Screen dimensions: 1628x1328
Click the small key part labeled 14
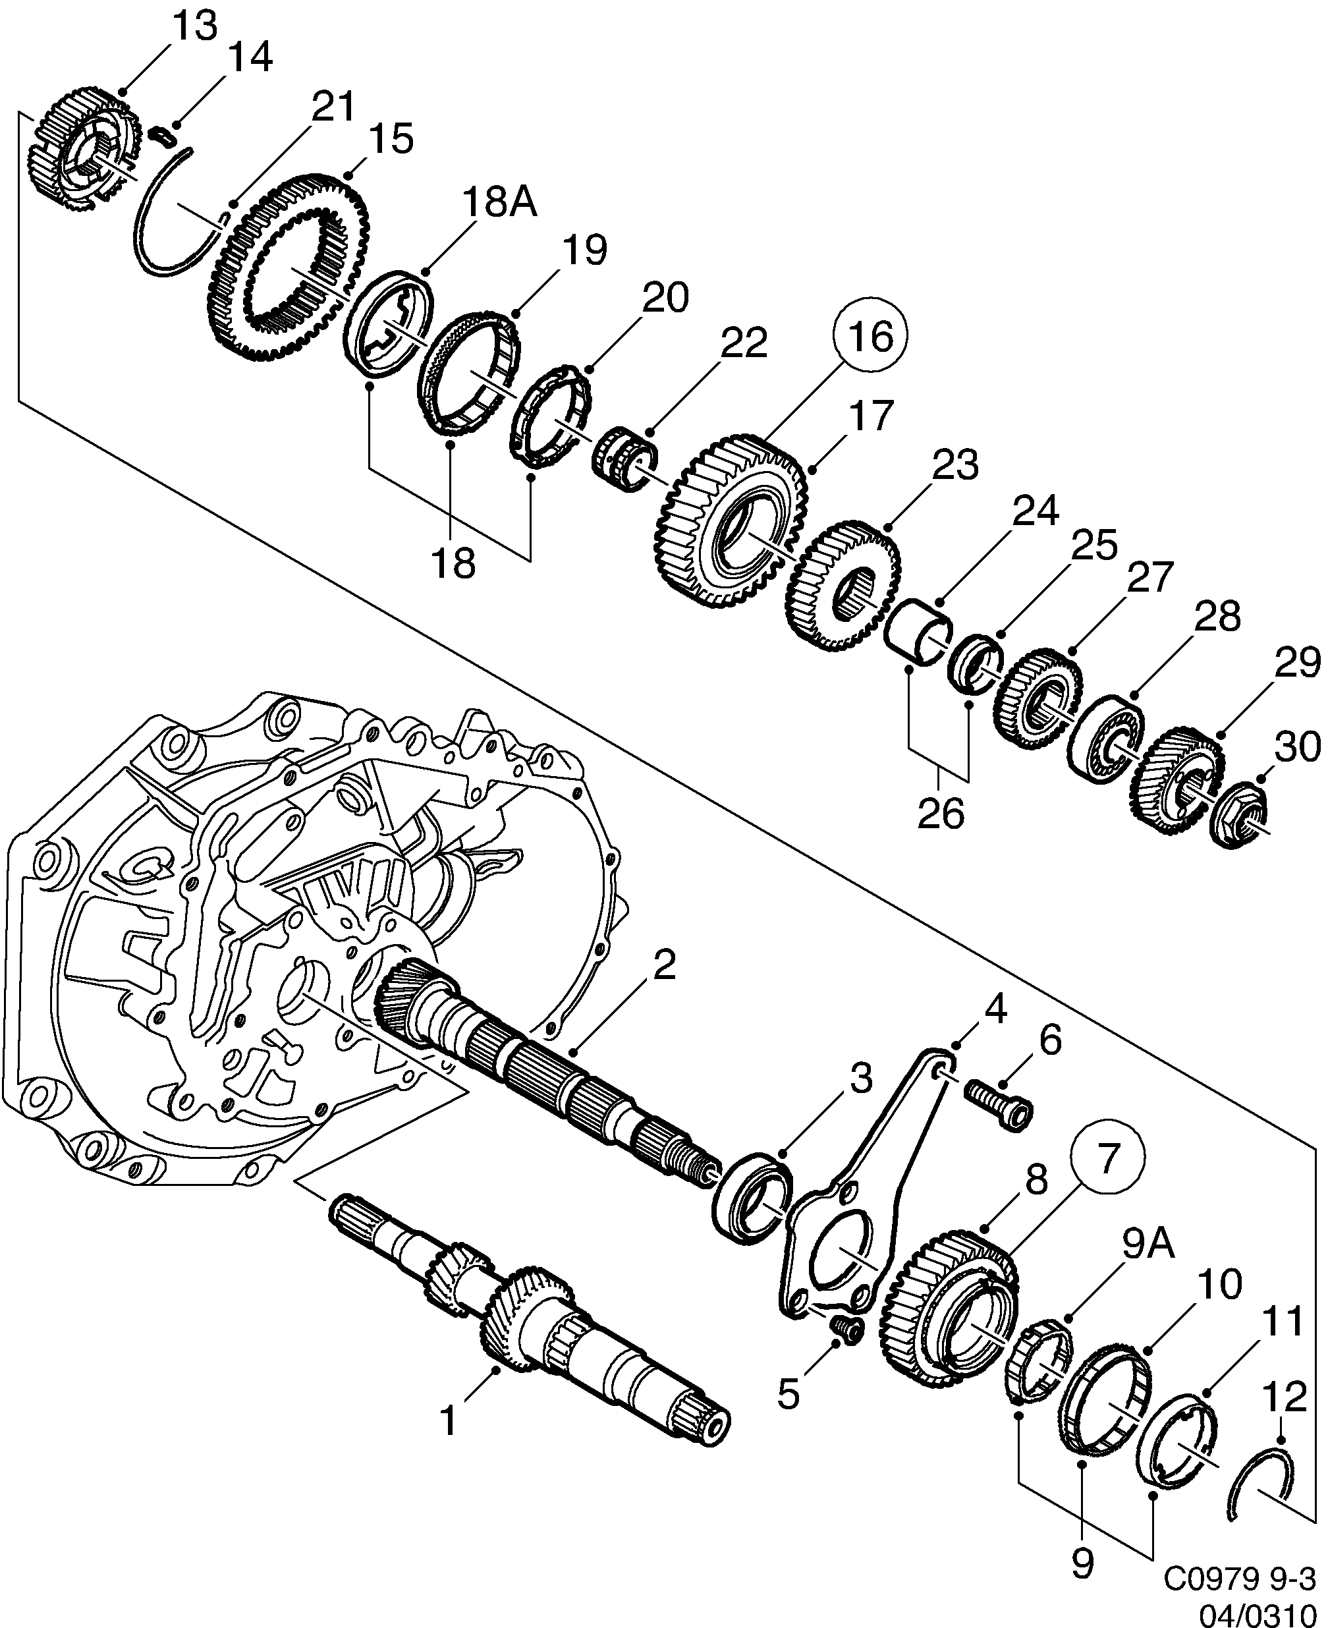162,136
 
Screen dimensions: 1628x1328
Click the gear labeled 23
841,585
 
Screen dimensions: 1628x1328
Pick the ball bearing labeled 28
1106,739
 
